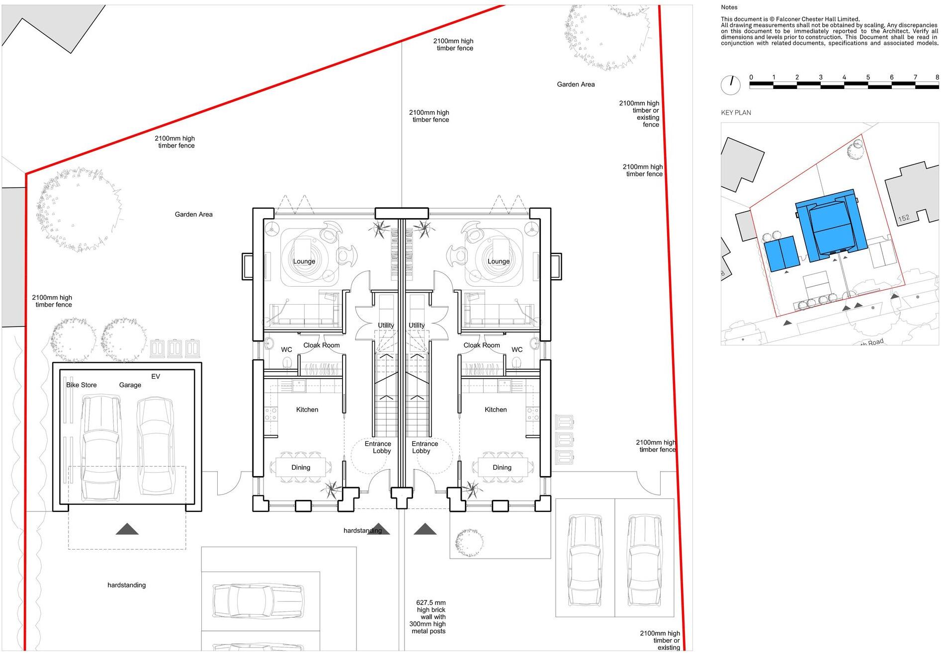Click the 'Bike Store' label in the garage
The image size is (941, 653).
pos(82,385)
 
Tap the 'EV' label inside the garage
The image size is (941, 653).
pos(156,376)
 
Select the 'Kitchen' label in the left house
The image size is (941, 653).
pos(307,409)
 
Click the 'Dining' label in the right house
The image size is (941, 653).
pos(502,467)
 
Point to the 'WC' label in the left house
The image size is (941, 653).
pos(286,349)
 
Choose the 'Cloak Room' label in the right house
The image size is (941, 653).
pos(481,345)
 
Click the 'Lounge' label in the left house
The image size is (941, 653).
pos(304,261)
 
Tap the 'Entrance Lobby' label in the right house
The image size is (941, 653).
pos(424,447)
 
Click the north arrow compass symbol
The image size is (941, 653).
pos(731,85)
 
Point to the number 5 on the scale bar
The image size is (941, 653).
pos(868,77)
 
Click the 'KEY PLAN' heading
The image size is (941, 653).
pos(736,113)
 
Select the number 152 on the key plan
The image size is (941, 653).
pos(904,218)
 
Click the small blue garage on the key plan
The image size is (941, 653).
pos(781,253)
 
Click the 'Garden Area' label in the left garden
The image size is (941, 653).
pos(193,214)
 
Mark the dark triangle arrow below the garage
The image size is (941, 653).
pos(127,529)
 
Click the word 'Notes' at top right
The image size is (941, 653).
pos(729,7)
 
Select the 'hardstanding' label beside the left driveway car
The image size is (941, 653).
pos(127,585)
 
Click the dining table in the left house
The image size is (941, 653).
pos(301,467)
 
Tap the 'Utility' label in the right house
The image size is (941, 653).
pos(417,325)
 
